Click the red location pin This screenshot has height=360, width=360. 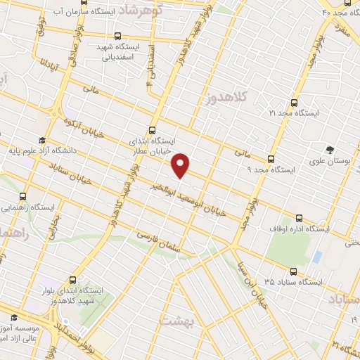181,164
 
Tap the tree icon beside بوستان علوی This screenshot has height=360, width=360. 328,149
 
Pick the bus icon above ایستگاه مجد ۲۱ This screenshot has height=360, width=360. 294,101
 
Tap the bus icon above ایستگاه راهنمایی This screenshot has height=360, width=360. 24,197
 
